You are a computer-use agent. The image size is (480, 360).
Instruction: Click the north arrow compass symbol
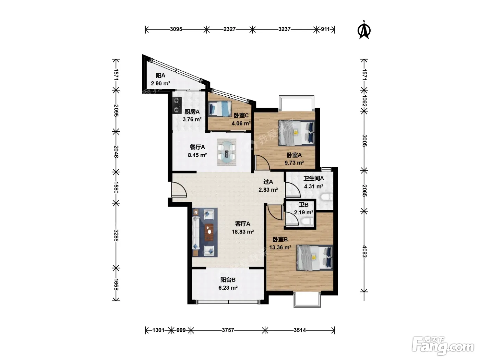364,30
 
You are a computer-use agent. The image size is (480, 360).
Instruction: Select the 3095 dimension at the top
176,29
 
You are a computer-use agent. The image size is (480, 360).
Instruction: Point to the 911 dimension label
325,29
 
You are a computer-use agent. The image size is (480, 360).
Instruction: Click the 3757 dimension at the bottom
228,330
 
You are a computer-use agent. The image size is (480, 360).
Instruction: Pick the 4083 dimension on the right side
364,251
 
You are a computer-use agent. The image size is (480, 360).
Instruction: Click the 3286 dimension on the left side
116,236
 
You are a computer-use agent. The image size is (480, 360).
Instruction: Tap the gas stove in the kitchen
177,105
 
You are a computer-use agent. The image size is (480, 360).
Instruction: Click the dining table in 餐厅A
227,152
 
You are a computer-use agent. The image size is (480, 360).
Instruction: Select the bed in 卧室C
220,108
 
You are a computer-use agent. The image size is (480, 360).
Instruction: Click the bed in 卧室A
297,133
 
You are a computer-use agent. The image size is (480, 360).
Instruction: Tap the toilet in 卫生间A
327,197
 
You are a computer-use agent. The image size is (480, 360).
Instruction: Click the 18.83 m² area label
243,232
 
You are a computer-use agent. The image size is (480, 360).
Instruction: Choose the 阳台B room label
228,280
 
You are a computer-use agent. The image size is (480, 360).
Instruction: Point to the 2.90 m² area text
160,84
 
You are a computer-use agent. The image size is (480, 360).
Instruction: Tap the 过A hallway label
268,182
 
